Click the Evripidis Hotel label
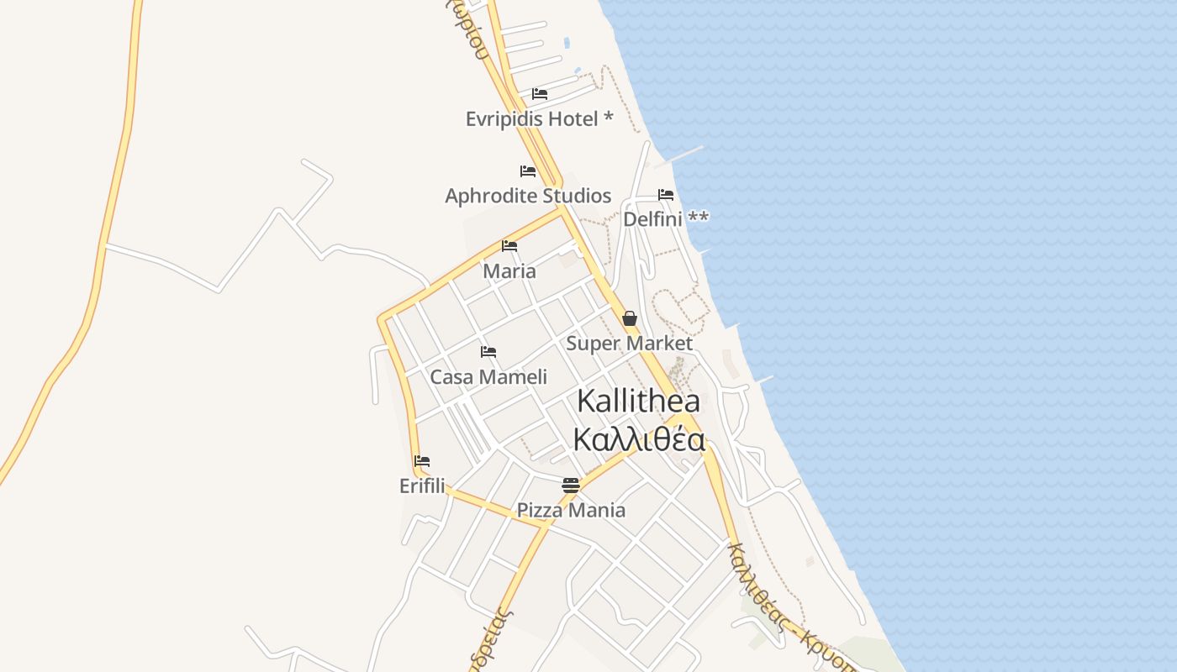531,119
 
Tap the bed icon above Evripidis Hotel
540,94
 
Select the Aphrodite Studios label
528,196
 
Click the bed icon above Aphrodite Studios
528,171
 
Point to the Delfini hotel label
653,219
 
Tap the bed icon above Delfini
666,195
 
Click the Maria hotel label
509,271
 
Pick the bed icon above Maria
509,246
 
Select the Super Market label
629,344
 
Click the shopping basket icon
630,318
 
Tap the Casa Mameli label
488,377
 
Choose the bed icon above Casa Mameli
488,352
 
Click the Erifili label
422,486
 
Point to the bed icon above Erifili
422,461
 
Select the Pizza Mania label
571,510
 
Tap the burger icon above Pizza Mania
571,485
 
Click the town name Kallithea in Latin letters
639,402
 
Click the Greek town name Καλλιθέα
639,439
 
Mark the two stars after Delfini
699,218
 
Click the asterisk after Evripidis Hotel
609,118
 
